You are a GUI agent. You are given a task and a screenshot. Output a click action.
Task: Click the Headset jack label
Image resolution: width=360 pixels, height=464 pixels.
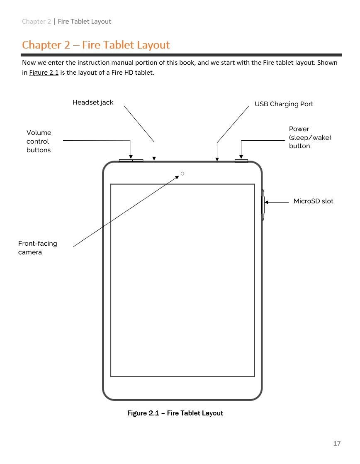pos(93,103)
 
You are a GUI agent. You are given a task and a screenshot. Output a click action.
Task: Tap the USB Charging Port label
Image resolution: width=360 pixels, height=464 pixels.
pos(284,104)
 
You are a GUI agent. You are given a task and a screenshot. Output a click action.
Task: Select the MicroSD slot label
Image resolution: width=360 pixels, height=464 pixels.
pos(313,201)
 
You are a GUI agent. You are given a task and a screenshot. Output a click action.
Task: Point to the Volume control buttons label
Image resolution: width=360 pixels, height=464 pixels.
pos(39,141)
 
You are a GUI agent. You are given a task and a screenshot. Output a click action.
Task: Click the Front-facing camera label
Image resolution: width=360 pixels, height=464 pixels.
pos(38,248)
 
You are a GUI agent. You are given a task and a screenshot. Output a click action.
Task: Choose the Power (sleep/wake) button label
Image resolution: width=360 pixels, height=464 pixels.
pos(310,137)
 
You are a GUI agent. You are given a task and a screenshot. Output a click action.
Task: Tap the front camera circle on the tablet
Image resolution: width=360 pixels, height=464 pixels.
pos(182,174)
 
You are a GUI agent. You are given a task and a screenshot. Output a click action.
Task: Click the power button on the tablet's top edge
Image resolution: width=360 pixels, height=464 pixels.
pos(241,161)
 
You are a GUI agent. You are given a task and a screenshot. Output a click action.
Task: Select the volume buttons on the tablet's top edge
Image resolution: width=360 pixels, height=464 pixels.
pos(131,161)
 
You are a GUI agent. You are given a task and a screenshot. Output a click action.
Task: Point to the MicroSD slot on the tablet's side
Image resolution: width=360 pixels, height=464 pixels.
pos(263,205)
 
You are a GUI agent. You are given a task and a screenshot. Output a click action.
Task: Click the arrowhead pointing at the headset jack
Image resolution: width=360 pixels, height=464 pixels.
pos(154,159)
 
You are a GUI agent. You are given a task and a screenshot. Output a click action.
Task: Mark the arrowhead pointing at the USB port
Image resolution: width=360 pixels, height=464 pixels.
pos(217,159)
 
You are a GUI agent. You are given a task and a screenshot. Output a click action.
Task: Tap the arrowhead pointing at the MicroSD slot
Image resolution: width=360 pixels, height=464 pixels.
pos(266,203)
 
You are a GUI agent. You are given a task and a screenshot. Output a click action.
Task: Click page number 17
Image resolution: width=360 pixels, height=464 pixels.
pos(337,443)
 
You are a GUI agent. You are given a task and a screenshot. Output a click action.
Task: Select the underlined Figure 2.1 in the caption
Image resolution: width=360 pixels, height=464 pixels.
pos(143,413)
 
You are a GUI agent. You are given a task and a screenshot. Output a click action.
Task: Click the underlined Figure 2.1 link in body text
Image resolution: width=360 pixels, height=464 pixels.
pos(44,73)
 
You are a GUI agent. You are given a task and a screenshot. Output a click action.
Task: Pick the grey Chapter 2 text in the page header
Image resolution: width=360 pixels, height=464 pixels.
pos(36,21)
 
